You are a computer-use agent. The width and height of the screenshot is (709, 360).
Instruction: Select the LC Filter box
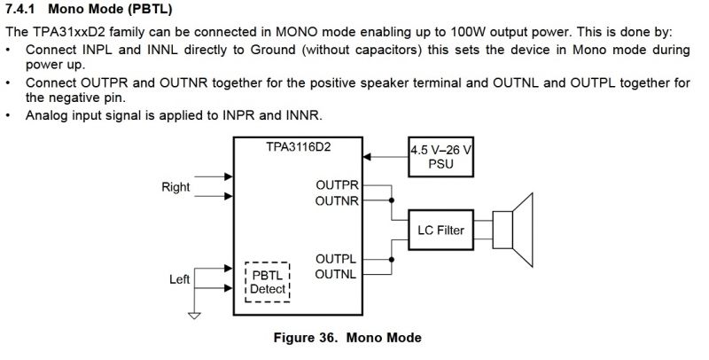(x=440, y=231)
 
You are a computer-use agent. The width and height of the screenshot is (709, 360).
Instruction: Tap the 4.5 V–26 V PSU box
(x=440, y=157)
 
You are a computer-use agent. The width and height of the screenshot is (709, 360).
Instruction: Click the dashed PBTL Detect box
(x=267, y=282)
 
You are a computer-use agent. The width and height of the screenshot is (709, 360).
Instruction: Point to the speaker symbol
(x=513, y=231)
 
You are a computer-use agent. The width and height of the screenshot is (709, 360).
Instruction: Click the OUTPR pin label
(x=337, y=186)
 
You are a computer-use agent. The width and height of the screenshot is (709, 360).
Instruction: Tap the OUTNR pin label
(x=337, y=201)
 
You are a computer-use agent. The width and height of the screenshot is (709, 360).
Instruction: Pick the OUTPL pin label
(x=337, y=259)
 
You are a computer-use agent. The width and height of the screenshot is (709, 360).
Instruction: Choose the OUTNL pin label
(x=337, y=274)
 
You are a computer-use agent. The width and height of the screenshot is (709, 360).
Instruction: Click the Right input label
(x=175, y=187)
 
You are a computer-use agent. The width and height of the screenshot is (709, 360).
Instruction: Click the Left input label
(x=180, y=279)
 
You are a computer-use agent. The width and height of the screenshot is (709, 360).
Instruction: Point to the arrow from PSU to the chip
(x=386, y=157)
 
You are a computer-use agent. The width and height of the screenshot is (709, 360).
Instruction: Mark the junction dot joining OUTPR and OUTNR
(x=391, y=201)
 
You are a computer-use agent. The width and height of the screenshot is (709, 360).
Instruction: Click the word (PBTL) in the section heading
(x=144, y=11)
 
